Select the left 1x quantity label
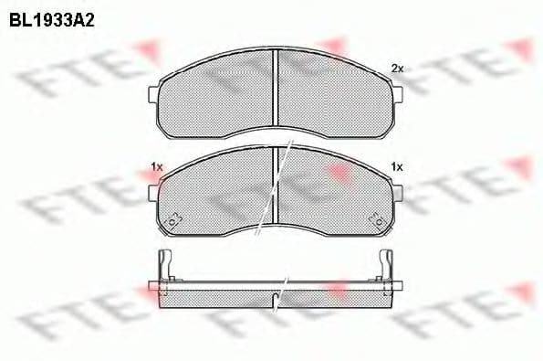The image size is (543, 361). (x=156, y=166)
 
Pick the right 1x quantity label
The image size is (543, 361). (x=396, y=166)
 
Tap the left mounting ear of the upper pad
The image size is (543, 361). (x=153, y=92)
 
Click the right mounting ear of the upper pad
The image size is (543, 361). (x=399, y=92)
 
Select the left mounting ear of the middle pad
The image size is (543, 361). (x=153, y=192)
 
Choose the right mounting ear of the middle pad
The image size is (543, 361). (x=399, y=192)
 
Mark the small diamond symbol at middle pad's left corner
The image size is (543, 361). (x=172, y=218)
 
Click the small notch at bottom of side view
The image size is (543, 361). (x=276, y=297)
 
